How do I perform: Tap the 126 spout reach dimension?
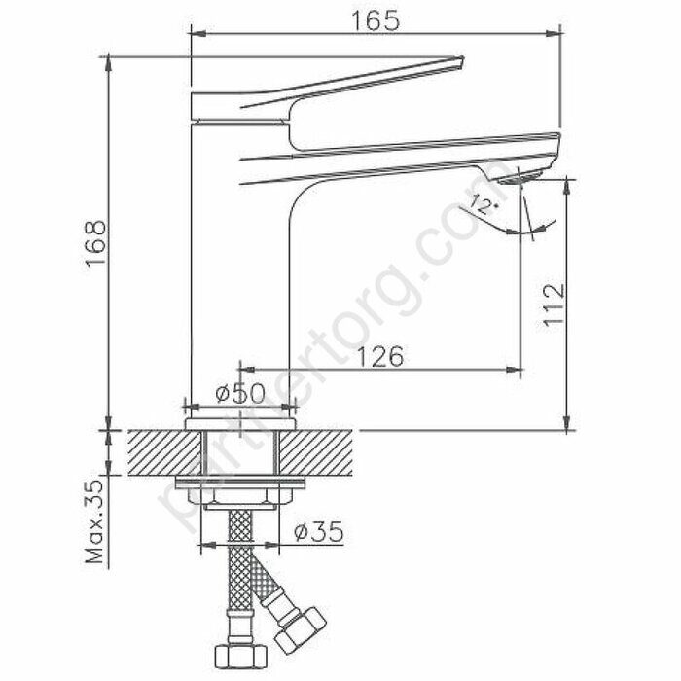click(376, 357)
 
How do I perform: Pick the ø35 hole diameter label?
click(317, 532)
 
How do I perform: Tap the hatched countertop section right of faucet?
click(321, 451)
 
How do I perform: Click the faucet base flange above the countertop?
click(239, 420)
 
